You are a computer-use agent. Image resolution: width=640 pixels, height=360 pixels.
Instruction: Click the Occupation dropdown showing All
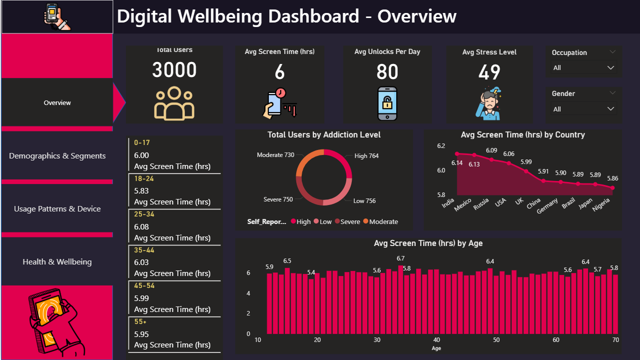click(x=584, y=68)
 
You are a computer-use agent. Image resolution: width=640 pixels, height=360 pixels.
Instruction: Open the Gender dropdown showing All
click(x=584, y=109)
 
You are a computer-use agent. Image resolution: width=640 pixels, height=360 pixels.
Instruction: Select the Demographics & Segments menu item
click(x=57, y=156)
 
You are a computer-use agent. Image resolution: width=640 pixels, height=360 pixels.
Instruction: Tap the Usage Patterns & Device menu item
click(x=57, y=209)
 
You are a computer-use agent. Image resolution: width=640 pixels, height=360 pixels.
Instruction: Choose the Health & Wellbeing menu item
click(x=57, y=262)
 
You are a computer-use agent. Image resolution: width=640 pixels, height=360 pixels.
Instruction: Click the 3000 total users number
click(x=174, y=70)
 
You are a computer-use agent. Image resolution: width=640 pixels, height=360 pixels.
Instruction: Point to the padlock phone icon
click(x=387, y=103)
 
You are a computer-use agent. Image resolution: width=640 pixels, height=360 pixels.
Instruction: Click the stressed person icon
click(x=489, y=103)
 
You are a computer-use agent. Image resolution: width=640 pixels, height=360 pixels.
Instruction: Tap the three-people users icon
click(x=174, y=103)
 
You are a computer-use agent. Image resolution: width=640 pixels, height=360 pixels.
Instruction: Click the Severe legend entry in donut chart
click(x=350, y=221)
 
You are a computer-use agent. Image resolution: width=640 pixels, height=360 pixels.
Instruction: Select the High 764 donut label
click(x=366, y=156)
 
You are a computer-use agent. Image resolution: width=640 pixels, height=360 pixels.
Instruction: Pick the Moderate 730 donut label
click(x=275, y=155)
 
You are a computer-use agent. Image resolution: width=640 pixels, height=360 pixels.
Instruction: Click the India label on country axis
click(x=448, y=204)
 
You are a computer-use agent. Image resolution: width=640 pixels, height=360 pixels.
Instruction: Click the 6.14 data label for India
click(x=457, y=163)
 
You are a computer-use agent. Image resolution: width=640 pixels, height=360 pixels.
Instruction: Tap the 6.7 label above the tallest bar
click(x=401, y=258)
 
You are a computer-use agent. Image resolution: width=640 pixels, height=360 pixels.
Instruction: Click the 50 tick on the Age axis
click(x=496, y=340)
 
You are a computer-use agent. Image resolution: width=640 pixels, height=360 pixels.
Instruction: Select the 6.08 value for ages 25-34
click(x=141, y=227)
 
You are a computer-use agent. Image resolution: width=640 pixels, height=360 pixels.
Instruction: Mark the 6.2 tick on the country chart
click(x=441, y=146)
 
